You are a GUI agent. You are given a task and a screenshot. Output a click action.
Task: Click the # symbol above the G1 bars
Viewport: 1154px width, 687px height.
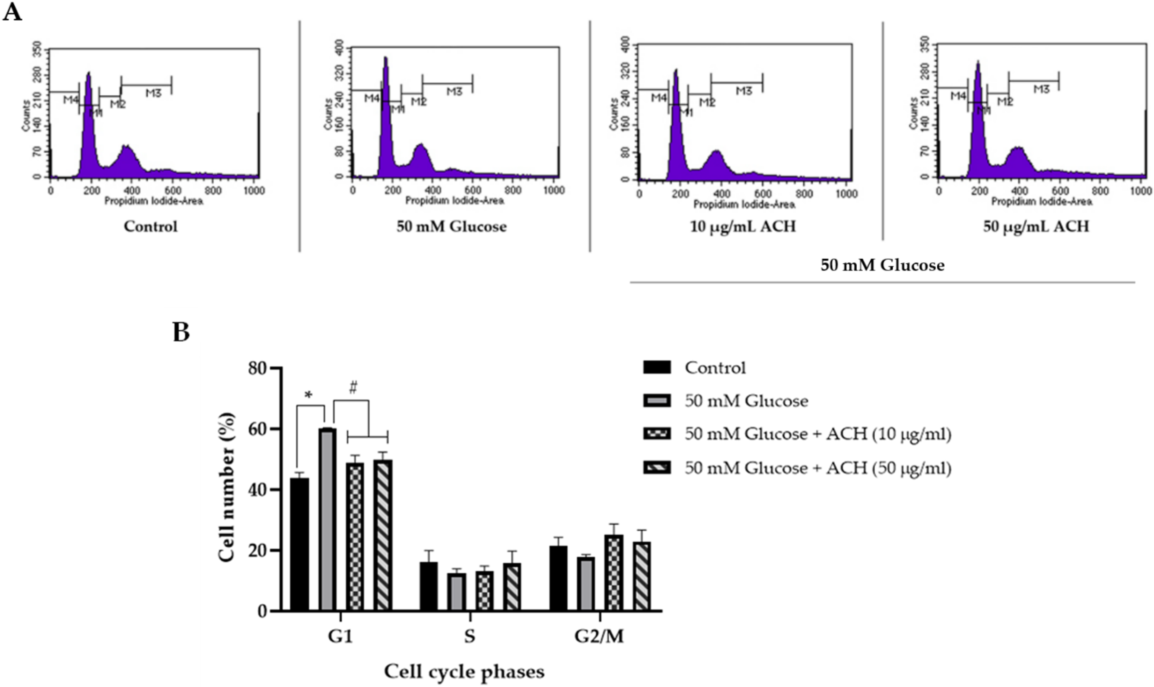(353, 388)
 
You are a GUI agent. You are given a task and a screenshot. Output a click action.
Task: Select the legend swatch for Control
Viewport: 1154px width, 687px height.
(656, 368)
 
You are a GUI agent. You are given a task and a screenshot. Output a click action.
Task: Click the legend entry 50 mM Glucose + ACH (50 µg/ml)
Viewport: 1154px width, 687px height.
(818, 468)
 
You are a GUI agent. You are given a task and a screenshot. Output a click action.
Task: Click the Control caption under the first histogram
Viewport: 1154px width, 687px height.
(151, 226)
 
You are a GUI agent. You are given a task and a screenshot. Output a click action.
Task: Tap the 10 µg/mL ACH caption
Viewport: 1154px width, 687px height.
(743, 226)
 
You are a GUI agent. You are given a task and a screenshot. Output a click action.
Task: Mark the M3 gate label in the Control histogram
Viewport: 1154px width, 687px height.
(153, 93)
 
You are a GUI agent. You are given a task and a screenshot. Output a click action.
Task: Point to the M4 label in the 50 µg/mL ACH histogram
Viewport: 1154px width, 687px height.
(958, 96)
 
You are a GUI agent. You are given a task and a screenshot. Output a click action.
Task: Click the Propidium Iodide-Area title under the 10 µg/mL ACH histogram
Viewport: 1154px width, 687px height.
(744, 204)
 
